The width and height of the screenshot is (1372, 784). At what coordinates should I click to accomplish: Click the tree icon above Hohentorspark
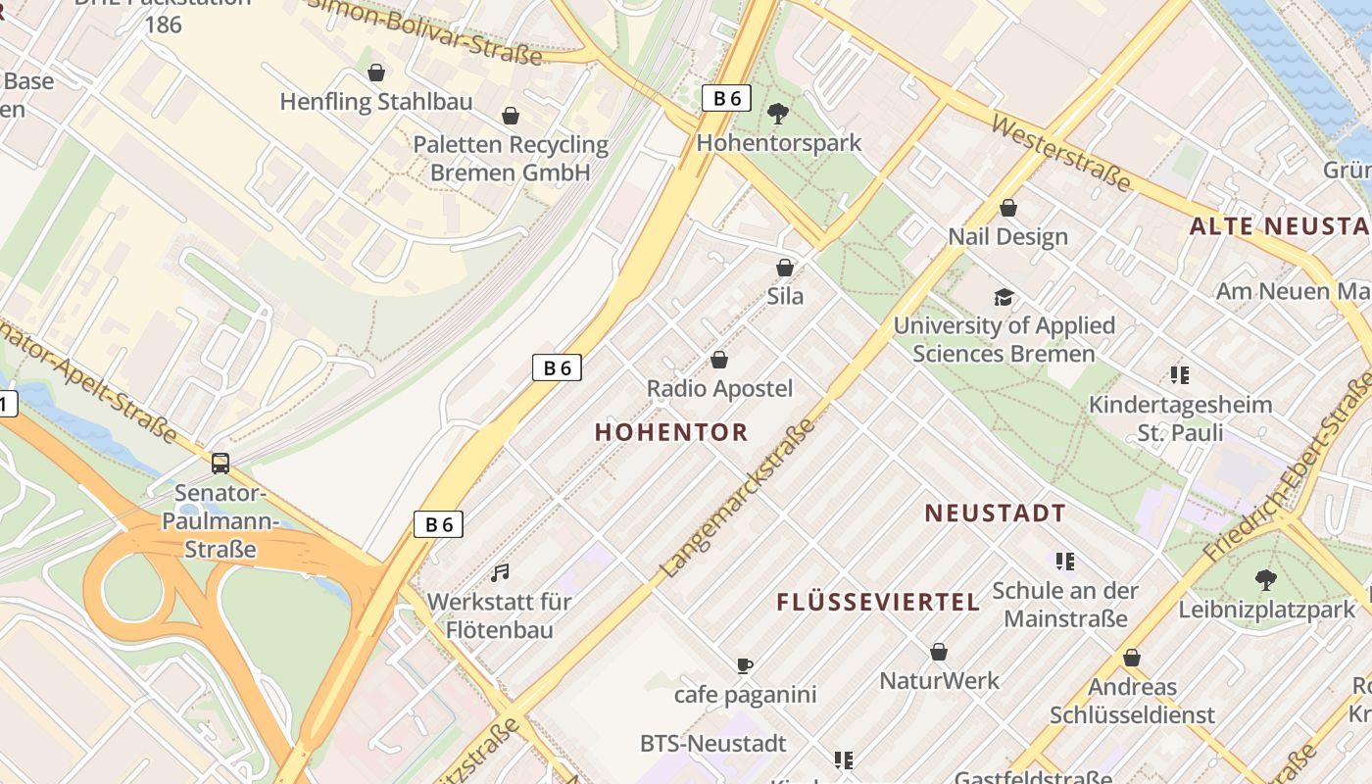pos(778,114)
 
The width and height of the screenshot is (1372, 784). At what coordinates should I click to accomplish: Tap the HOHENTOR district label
pos(671,432)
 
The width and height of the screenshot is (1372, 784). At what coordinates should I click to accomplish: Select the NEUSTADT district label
pos(995,513)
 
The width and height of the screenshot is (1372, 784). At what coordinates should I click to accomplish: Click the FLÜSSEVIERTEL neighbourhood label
pos(878,603)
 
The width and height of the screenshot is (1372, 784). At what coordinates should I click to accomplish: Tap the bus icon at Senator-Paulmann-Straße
pos(220,463)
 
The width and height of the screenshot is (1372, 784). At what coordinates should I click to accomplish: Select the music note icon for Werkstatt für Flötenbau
pos(500,572)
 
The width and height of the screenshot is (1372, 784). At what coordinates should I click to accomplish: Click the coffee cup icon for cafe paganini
pos(745,666)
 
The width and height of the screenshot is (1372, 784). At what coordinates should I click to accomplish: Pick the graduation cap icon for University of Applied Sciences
pos(1004,297)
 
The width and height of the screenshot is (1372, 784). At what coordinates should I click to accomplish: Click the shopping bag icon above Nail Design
pos(1008,208)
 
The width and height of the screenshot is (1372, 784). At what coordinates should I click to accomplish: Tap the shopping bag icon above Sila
pos(785,267)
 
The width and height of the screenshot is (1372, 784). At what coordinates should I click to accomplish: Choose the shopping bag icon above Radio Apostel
pos(719,360)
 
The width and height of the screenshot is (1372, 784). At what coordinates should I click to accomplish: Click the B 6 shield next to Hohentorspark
pos(726,98)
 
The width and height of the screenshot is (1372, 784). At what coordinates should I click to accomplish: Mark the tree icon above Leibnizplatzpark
pos(1266,580)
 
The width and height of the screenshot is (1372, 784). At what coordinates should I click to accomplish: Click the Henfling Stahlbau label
pos(376,102)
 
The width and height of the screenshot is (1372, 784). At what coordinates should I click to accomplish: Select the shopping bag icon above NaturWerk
pos(939,652)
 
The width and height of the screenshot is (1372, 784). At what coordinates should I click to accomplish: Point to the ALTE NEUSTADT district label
pos(1279,227)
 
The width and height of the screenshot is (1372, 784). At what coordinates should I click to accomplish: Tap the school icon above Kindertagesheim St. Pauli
pos(1180,374)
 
